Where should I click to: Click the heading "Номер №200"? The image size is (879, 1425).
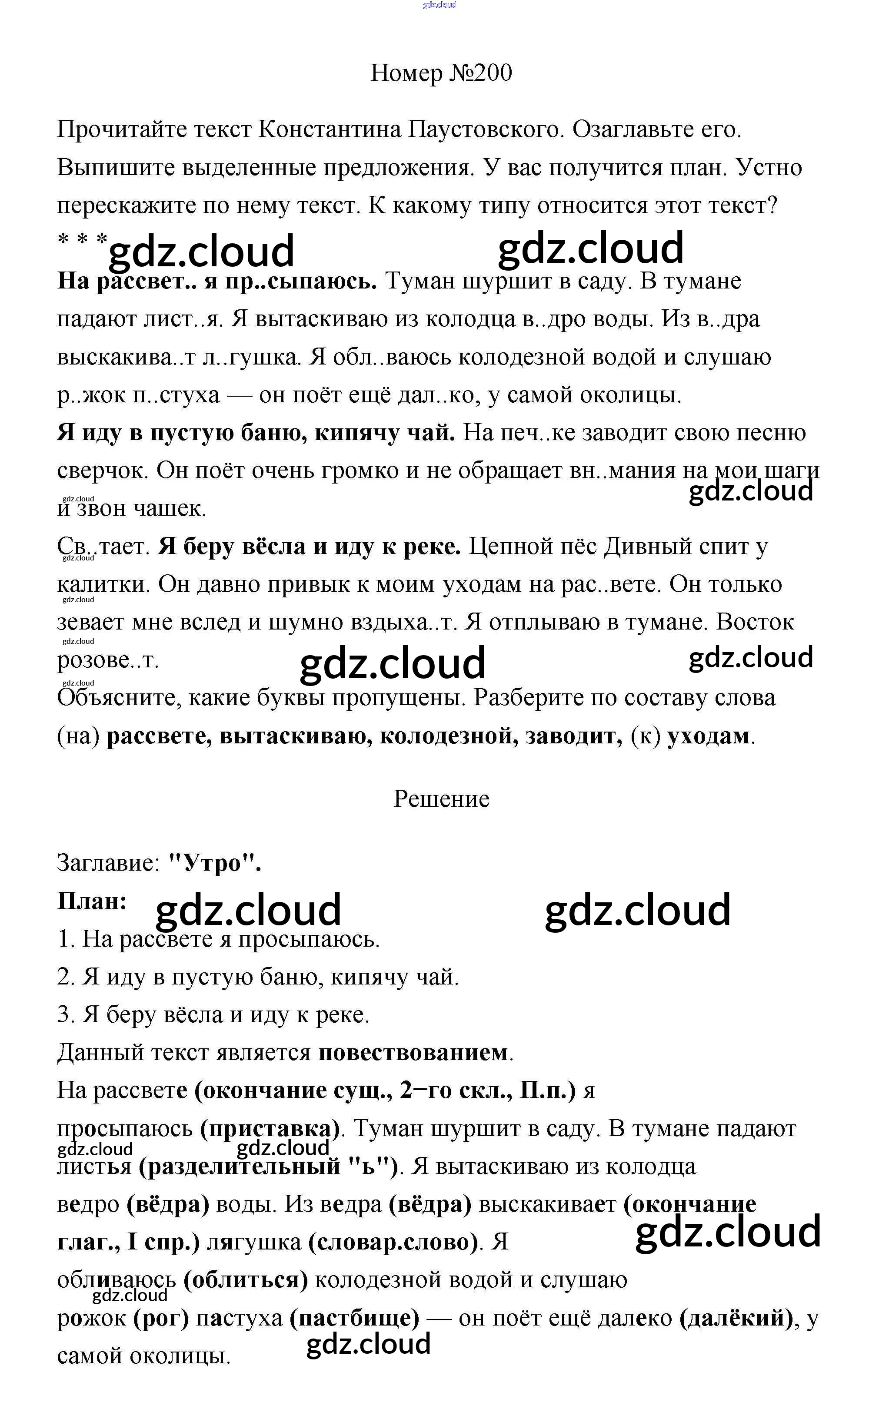[441, 73]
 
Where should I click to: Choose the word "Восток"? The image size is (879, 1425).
[755, 622]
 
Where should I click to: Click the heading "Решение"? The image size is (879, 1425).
[441, 799]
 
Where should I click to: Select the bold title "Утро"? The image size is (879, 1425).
[214, 863]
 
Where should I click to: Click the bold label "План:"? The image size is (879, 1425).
[92, 901]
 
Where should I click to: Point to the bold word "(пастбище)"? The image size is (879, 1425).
[355, 1318]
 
